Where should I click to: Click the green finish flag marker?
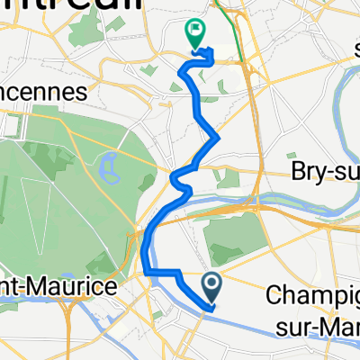[x=194, y=34]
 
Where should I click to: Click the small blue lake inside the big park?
[x=112, y=164]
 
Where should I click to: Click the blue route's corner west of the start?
[x=147, y=271]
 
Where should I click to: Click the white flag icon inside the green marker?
[x=194, y=31]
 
